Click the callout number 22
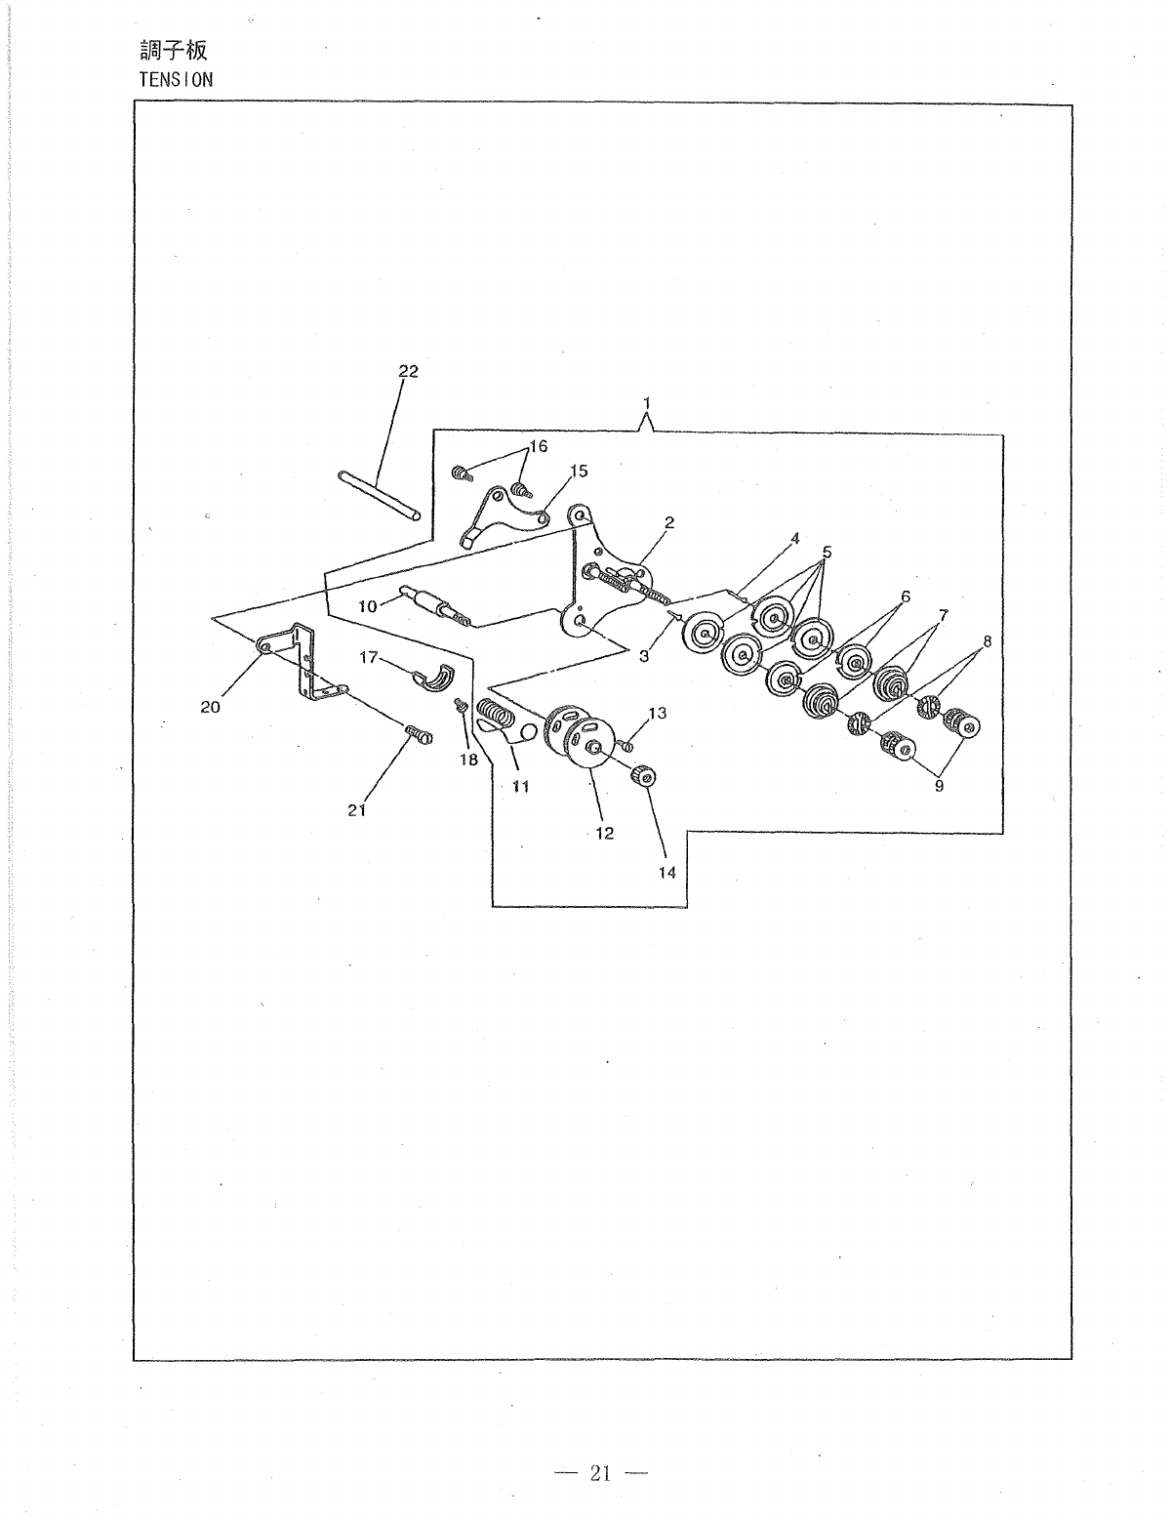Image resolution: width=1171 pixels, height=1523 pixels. coord(408,371)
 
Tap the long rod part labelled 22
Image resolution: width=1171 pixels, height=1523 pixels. coord(380,496)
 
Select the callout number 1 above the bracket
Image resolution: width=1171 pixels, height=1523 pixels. coord(646,401)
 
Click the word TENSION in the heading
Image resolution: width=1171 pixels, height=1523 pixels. coord(176,80)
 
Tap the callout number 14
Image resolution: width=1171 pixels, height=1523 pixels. coord(666,872)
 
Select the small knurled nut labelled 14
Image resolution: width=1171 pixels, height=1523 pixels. coord(643,777)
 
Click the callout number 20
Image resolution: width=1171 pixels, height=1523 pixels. coord(211,708)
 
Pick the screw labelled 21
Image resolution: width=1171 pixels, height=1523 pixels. coord(417,733)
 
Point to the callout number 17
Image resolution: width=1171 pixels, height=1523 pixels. coord(368,658)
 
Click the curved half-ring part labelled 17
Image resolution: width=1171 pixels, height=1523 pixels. coord(434,674)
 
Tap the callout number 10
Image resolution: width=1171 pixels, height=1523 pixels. coord(367,606)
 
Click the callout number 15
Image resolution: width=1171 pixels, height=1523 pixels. coord(579,471)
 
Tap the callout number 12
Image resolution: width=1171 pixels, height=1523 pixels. coord(605,833)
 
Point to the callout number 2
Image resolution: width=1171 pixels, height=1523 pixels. coord(669,522)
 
